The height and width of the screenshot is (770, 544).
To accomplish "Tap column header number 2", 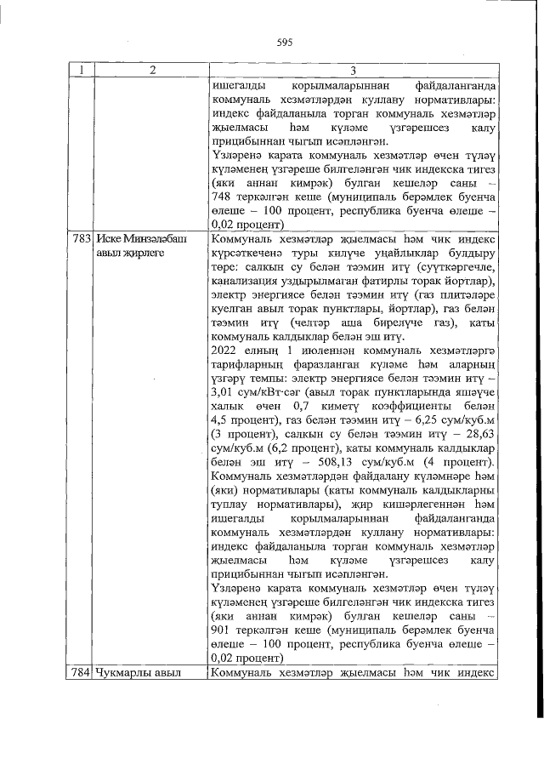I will click(x=150, y=71).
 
